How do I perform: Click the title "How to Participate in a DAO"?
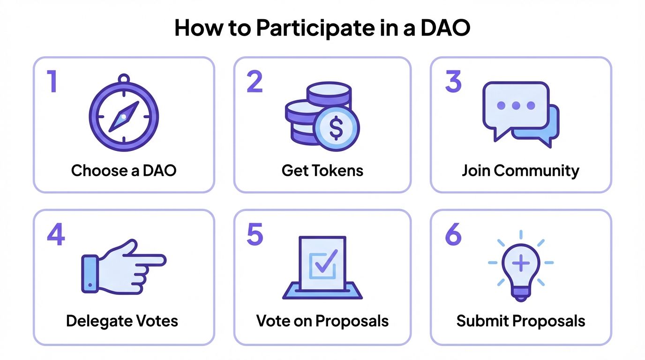322,28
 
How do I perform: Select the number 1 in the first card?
52,81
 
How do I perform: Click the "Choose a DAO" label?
124,170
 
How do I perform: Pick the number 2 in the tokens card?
255,81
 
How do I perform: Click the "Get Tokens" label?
322,170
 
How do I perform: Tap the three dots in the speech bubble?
516,105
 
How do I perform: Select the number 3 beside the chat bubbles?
453,81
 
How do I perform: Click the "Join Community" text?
520,170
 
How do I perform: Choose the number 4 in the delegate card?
55,234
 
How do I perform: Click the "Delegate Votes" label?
122,321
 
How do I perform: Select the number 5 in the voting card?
255,234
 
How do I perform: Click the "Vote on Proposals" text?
322,321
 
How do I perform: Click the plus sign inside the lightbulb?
520,263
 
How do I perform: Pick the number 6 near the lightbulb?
453,234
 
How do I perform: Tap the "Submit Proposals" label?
520,321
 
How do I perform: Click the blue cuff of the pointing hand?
90,274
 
